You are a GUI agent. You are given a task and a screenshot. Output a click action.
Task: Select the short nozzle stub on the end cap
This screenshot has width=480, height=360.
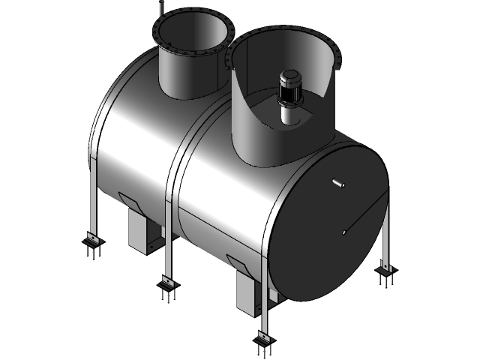point(338,183)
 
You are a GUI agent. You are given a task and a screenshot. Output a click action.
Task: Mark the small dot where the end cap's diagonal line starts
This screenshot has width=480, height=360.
point(343,232)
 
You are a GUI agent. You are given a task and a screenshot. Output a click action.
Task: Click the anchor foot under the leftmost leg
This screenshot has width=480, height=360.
point(92,245)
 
